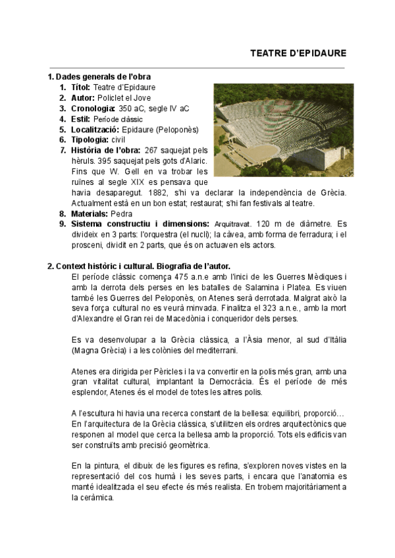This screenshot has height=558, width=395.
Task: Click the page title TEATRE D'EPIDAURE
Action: click(x=298, y=53)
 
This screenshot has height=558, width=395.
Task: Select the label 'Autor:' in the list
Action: click(x=80, y=98)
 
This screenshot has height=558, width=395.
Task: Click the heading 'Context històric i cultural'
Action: click(x=117, y=266)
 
